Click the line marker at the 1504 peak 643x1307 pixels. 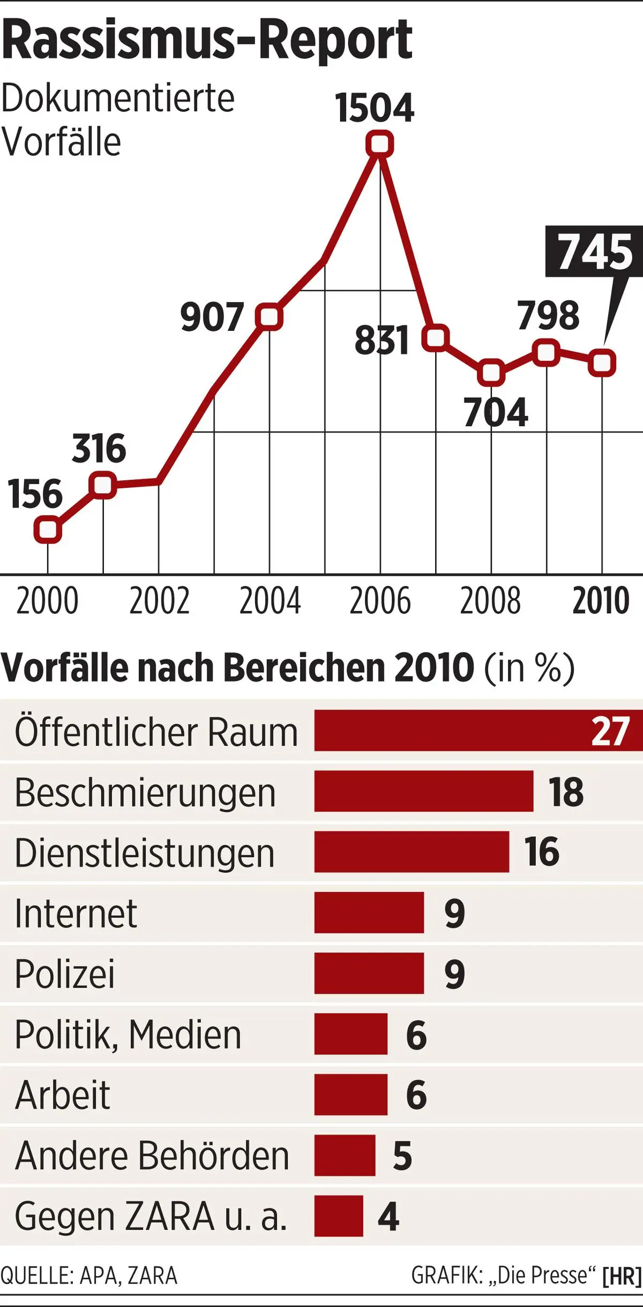pyautogui.click(x=379, y=144)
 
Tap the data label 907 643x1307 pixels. pyautogui.click(x=212, y=317)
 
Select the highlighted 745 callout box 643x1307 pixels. pyautogui.click(x=595, y=251)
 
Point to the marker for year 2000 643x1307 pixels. pyautogui.click(x=48, y=530)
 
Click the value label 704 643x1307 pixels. pyautogui.click(x=496, y=413)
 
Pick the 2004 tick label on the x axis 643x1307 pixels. pyautogui.click(x=270, y=601)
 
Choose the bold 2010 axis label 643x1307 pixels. pyautogui.click(x=601, y=601)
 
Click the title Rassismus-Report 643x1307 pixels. pyautogui.click(x=207, y=40)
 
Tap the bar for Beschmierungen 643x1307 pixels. pyautogui.click(x=423, y=791)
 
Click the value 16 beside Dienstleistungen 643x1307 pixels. pyautogui.click(x=542, y=851)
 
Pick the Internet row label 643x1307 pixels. pyautogui.click(x=76, y=913)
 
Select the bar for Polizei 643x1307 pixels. pyautogui.click(x=369, y=973)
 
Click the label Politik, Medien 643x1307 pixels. pyautogui.click(x=128, y=1034)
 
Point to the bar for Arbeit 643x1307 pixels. pyautogui.click(x=350, y=1094)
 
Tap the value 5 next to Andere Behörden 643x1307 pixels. pyautogui.click(x=402, y=1155)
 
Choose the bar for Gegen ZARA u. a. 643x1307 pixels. pyautogui.click(x=338, y=1216)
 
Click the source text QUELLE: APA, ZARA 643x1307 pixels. pyautogui.click(x=89, y=1276)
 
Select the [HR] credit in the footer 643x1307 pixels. pyautogui.click(x=622, y=1276)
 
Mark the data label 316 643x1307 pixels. pyautogui.click(x=99, y=449)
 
